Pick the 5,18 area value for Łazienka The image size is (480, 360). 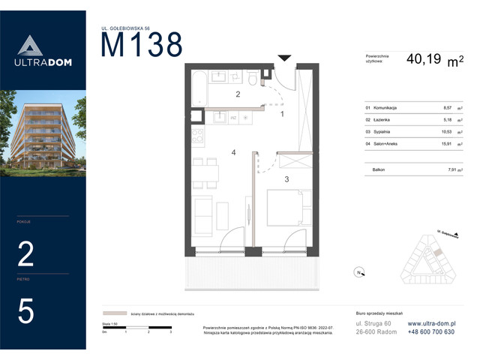(x=448, y=119)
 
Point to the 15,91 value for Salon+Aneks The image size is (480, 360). (x=448, y=142)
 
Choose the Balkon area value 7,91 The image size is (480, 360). (x=448, y=170)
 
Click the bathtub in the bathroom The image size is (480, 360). (x=197, y=87)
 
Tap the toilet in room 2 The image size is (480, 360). (x=254, y=78)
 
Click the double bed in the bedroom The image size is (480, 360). (x=284, y=208)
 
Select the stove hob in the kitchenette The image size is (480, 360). (x=198, y=138)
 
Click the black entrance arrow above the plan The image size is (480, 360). (x=285, y=58)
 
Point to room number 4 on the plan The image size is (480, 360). (x=234, y=153)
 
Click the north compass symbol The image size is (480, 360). (x=359, y=271)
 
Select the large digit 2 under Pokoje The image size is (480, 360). (x=25, y=256)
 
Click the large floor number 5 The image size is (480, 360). (x=25, y=311)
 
